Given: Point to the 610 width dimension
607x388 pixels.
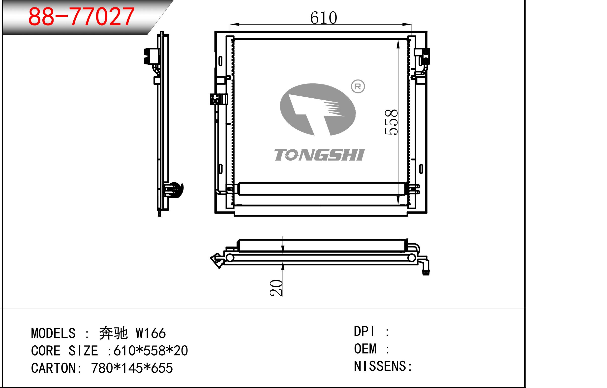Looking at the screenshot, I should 323,18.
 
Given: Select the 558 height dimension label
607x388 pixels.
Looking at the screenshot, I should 391,122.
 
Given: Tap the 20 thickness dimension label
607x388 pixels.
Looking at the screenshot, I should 276,288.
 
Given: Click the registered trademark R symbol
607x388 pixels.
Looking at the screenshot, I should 358,86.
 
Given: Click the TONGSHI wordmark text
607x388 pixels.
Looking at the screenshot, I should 319,155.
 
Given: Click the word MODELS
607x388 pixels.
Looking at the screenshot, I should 53,333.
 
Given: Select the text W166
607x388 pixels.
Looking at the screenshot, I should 151,333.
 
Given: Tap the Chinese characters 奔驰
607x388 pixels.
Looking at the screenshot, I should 113,333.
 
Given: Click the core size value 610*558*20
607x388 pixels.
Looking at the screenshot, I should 151,350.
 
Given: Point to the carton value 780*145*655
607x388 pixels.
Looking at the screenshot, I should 132,368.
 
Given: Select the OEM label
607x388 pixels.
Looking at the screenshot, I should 365,349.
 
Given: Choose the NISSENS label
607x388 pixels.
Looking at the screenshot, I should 380,366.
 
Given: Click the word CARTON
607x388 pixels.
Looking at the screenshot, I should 53,368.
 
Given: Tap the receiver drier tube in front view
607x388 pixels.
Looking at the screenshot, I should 320,189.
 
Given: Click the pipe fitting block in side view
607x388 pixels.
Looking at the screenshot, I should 151,56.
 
